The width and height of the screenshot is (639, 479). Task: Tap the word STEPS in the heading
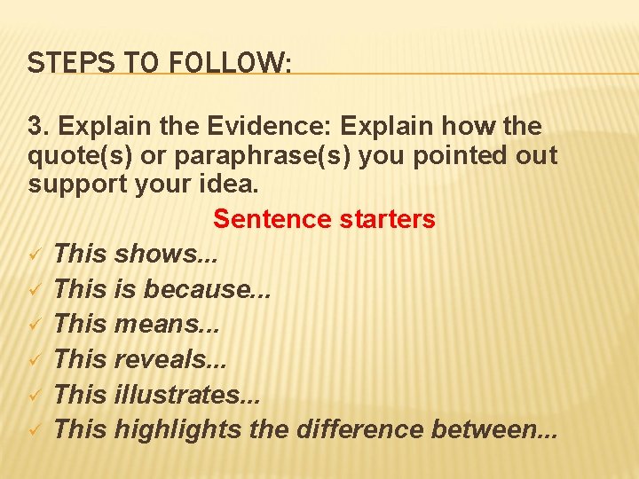(59, 63)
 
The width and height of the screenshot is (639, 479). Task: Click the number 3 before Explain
(35, 126)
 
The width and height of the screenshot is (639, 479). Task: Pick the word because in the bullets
(200, 289)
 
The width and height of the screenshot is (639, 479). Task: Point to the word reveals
(164, 359)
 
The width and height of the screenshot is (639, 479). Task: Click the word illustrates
(181, 395)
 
